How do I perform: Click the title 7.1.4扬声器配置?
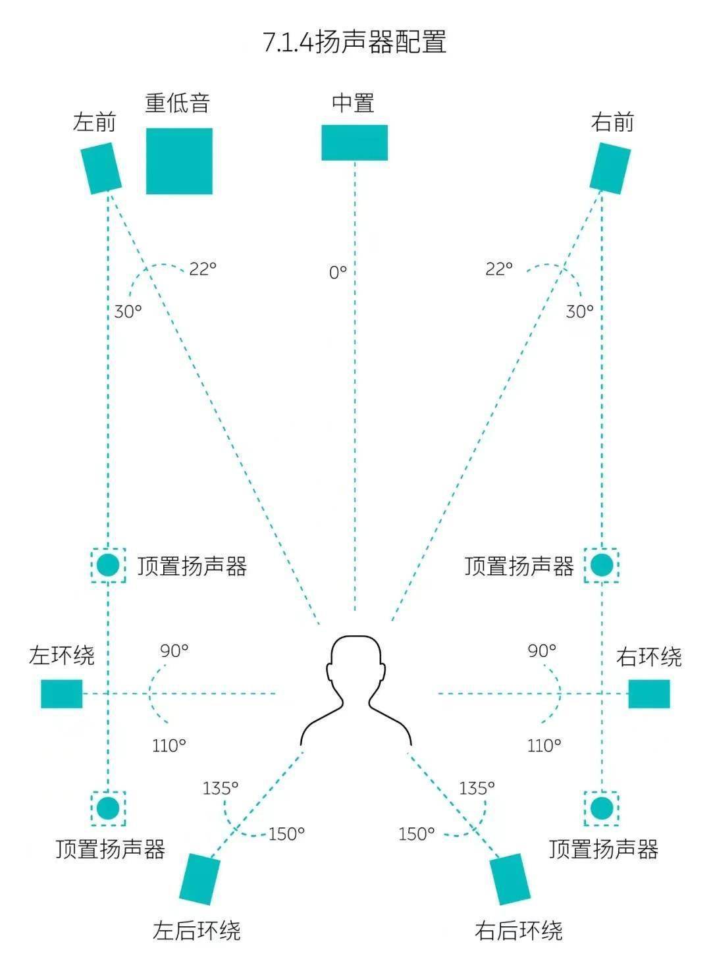(x=355, y=42)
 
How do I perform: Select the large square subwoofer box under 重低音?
(x=179, y=161)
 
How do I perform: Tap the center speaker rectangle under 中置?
(x=354, y=142)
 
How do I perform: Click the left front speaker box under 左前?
(x=101, y=169)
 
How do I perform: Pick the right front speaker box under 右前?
(x=610, y=169)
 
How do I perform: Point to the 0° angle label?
(x=338, y=273)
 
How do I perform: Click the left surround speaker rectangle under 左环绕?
(x=62, y=694)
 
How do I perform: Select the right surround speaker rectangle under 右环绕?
(x=649, y=694)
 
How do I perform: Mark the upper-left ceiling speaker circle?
(x=108, y=565)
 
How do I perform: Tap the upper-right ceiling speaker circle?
(x=602, y=565)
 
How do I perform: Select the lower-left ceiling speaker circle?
(x=108, y=808)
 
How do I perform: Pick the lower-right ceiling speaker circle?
(x=602, y=808)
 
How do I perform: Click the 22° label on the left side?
(x=202, y=269)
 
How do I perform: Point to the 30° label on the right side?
(x=579, y=311)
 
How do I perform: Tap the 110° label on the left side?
(x=169, y=745)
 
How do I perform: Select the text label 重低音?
(x=178, y=103)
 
